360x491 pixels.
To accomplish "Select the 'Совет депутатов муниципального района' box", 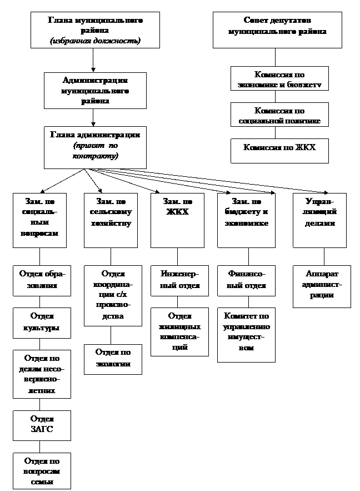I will (277, 30).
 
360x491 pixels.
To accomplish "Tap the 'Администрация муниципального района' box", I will (95, 90).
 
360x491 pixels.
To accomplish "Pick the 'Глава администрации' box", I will (95, 147).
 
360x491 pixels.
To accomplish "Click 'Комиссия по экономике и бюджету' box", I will (279, 78).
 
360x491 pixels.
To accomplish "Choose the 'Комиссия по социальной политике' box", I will (279, 115).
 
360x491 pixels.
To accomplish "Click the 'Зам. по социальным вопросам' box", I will (39, 220).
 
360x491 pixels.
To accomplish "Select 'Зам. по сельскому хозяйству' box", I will (111, 220).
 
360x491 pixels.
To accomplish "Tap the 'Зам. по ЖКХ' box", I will (177, 220).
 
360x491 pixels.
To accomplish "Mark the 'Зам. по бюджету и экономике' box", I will (246, 220).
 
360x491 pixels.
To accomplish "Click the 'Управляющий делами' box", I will (319, 220).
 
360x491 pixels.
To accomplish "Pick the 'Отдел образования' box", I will (42, 281).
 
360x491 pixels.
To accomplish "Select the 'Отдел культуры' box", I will (42, 323).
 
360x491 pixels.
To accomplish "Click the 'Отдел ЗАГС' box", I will (42, 425).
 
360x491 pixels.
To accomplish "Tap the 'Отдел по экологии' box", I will (113, 359).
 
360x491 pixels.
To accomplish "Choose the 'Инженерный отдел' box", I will (179, 281).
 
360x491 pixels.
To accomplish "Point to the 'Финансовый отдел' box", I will (246, 281).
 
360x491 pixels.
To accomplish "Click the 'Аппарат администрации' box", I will (322, 286).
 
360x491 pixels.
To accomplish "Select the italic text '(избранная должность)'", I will (95, 41).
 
